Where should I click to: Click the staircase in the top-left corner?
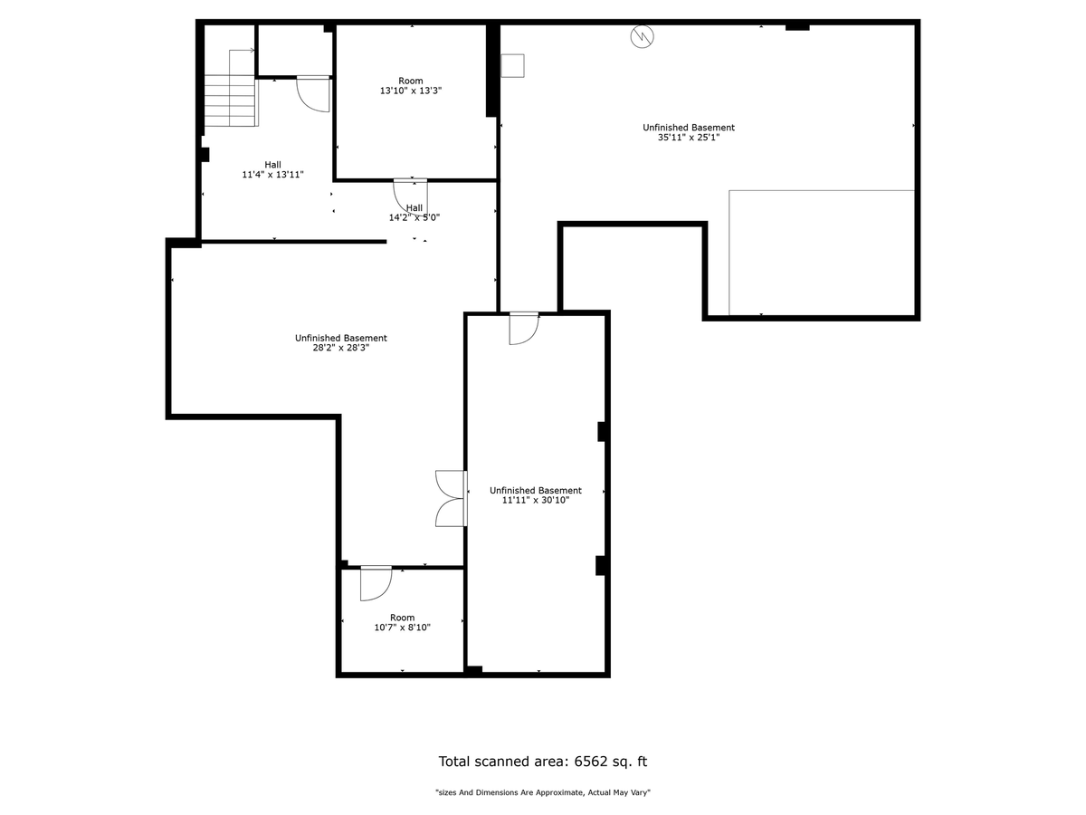[x=231, y=100]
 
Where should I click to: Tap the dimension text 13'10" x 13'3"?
[x=411, y=91]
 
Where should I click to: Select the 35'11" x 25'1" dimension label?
[x=688, y=137]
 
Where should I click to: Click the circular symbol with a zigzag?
[x=642, y=36]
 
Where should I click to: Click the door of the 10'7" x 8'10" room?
[x=376, y=583]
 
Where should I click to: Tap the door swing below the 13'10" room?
[x=410, y=196]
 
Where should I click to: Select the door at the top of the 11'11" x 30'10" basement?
[x=524, y=328]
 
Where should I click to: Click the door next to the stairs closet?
[x=313, y=94]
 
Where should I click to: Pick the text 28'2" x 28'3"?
[x=341, y=348]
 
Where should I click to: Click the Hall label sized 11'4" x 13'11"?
[x=272, y=164]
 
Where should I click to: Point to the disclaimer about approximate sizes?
[x=543, y=792]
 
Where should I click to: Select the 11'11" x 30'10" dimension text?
[x=536, y=500]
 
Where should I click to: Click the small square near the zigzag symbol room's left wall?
[x=512, y=65]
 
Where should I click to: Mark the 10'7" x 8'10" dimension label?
[x=402, y=627]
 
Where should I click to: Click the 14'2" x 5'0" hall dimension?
[x=414, y=216]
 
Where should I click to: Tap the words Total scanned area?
[x=503, y=761]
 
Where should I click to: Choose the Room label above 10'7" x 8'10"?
[x=402, y=617]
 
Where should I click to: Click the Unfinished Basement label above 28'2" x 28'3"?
[x=341, y=338]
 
